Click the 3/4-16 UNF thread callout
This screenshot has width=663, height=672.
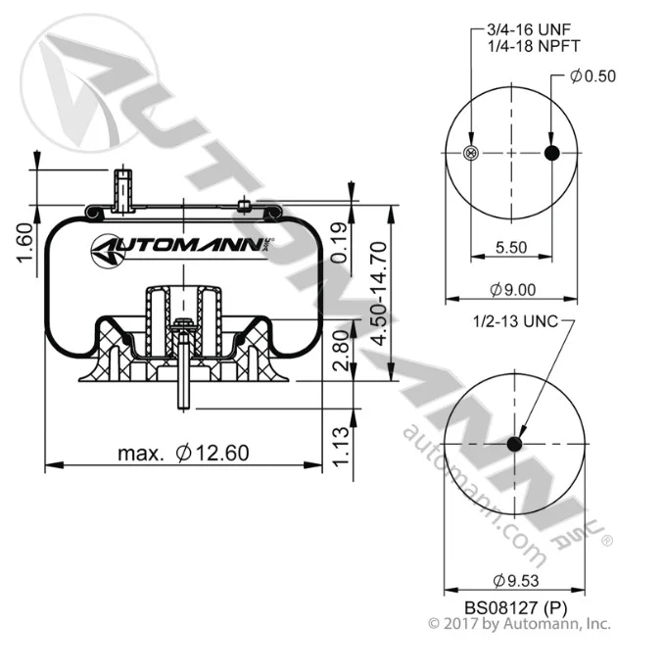pos(529,29)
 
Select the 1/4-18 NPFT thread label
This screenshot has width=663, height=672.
pos(534,46)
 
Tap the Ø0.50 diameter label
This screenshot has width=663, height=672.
pos(592,76)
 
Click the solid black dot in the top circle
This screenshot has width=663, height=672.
pos(552,153)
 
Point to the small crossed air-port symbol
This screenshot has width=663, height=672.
pos(471,153)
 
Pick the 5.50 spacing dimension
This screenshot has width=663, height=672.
pos(511,247)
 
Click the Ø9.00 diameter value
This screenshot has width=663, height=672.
pos(512,290)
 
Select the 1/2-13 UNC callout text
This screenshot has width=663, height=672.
pos(515,321)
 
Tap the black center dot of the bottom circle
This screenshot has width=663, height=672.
pos(514,444)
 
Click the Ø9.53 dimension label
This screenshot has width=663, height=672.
pos(515,581)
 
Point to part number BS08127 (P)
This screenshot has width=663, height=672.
pos(515,607)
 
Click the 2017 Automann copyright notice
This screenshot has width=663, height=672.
pos(519,624)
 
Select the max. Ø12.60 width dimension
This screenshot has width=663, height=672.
pos(183,453)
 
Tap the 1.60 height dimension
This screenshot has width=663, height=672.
pos(24,242)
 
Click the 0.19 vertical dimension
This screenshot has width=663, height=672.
pos(339,242)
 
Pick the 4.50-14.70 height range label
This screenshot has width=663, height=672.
pos(379,293)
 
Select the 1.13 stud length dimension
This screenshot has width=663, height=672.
pos(342,446)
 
